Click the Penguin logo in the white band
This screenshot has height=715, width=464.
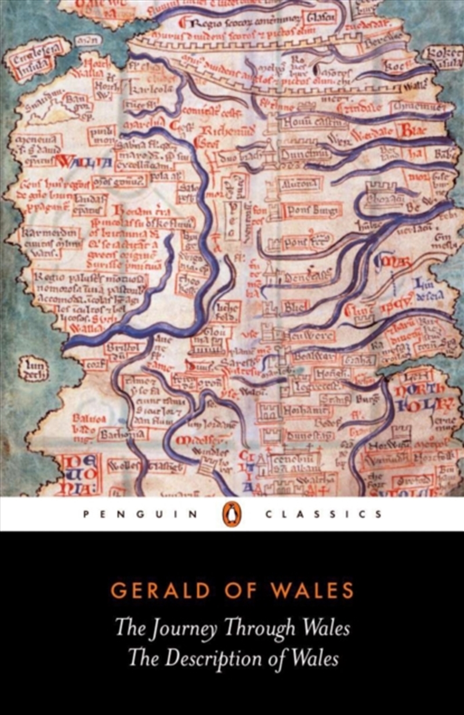pyautogui.click(x=232, y=514)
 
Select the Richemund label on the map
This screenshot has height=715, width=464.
pyautogui.click(x=219, y=130)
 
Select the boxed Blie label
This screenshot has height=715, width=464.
pyautogui.click(x=296, y=308)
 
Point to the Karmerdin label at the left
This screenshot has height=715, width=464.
pyautogui.click(x=49, y=234)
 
